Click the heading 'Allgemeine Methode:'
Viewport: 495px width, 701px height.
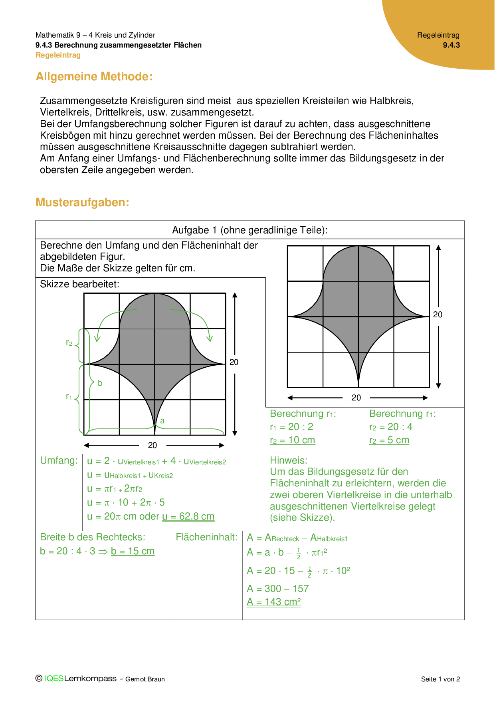tap(94, 76)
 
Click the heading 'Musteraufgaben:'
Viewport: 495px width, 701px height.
tap(82, 202)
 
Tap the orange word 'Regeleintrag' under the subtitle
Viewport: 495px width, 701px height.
tap(58, 55)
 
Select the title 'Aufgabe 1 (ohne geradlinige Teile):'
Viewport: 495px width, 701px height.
tap(250, 230)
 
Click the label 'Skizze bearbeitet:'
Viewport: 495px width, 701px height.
tap(79, 284)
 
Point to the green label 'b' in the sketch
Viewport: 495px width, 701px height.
tap(100, 383)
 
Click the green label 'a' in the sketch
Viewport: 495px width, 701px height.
tap(162, 420)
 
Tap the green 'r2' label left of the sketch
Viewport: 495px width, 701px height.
tap(69, 343)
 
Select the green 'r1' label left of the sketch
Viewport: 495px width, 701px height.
tap(69, 396)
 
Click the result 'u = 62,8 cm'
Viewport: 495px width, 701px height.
tap(188, 516)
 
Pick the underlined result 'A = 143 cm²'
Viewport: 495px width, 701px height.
tap(273, 602)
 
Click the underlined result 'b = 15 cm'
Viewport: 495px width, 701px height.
tap(133, 551)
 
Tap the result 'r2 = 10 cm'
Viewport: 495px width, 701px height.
tap(292, 440)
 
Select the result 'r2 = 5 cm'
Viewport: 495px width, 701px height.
tap(389, 440)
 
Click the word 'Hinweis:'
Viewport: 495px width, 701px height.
tap(288, 460)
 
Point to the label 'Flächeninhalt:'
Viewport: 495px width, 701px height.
tap(206, 537)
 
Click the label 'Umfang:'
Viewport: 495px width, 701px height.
tap(59, 460)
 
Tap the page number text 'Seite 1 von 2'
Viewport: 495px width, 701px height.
tap(440, 679)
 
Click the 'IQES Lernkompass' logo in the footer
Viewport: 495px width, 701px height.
tap(80, 679)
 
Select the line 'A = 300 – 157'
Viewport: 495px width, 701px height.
tap(278, 588)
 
